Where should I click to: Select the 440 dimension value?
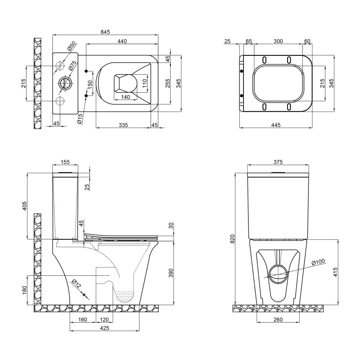coord(122,41)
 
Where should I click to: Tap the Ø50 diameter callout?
coord(71,48)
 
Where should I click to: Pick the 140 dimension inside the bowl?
coord(126,97)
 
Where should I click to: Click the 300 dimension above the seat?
coord(278,41)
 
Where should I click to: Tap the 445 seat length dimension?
coord(276,125)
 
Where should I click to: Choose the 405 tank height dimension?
coord(25,206)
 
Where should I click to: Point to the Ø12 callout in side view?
coord(76,284)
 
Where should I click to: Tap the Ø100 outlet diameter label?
coord(318,262)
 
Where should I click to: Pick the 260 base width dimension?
coord(278,320)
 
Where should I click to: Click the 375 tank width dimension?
coord(278,162)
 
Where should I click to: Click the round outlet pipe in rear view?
coord(278,272)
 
